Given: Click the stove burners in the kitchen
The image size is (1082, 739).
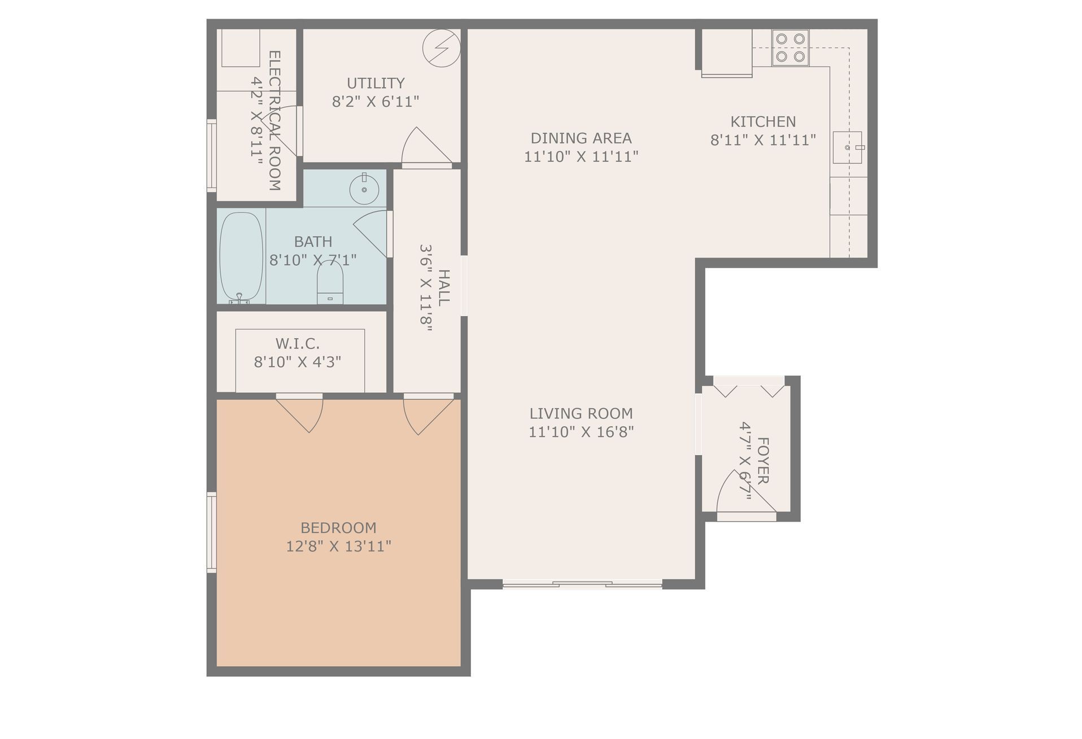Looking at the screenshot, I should [x=790, y=47].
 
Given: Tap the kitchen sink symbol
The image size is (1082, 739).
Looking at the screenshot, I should [x=847, y=147].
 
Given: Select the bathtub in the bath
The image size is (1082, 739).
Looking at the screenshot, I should [x=241, y=257].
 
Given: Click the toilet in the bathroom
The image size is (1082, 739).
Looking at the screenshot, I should [x=330, y=282].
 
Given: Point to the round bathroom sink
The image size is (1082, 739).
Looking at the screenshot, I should [x=364, y=188].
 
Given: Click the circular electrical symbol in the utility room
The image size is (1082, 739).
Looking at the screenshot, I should [x=442, y=48].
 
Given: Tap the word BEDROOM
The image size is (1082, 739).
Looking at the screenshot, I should [x=338, y=528].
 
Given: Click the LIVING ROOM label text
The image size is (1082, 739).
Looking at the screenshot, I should [x=581, y=413].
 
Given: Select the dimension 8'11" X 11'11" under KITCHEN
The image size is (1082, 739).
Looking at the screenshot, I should [x=763, y=140].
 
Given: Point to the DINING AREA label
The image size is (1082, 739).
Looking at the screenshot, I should [x=581, y=138].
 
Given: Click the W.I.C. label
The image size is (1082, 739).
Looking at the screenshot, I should [x=298, y=343].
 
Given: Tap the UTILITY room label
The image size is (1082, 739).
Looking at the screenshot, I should [x=376, y=83].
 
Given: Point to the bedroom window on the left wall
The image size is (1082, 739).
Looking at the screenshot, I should [x=212, y=532].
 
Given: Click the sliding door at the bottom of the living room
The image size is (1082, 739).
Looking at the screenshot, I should [x=582, y=584].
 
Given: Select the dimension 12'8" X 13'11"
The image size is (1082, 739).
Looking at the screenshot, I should [x=338, y=546].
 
